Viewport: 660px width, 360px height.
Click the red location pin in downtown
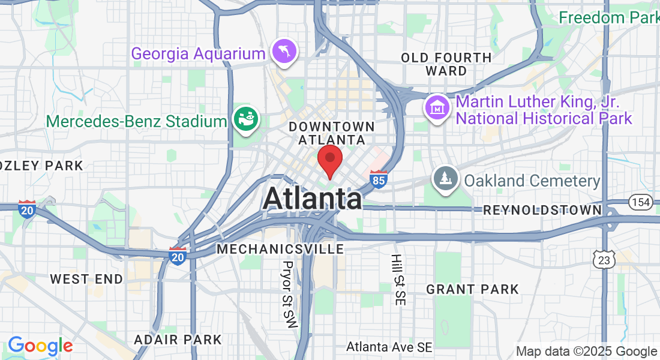(x=329, y=160)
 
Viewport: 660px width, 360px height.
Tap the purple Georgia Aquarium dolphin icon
(x=283, y=52)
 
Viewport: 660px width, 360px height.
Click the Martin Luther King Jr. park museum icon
(x=437, y=108)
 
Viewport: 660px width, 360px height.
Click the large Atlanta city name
(x=312, y=199)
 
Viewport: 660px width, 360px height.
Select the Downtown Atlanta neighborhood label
(x=332, y=133)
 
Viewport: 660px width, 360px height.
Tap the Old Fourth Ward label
(x=446, y=64)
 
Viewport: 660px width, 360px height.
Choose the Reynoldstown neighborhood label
(x=542, y=210)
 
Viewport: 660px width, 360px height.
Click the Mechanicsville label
(x=281, y=248)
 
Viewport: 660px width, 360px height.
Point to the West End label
(x=86, y=279)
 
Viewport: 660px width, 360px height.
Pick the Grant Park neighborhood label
(x=472, y=289)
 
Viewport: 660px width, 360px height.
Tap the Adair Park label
(x=178, y=340)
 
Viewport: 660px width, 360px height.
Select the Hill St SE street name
(x=397, y=280)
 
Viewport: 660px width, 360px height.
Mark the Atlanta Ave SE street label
(x=389, y=347)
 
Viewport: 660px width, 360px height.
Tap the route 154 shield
(x=641, y=202)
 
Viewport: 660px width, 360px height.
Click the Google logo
(x=40, y=346)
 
